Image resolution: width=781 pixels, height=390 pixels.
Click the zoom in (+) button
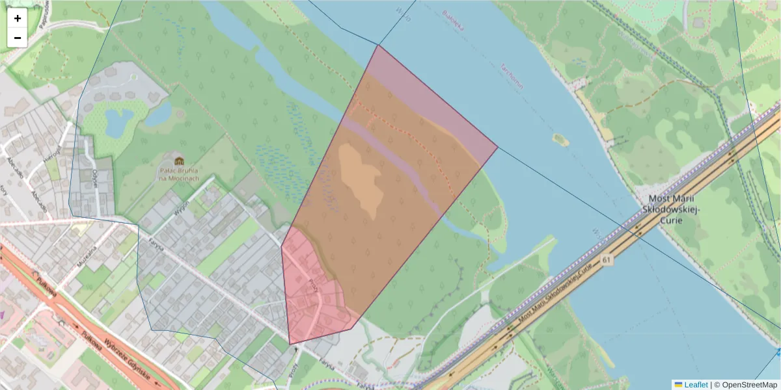[18, 18]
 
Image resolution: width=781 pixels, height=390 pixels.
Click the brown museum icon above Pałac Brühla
[178, 161]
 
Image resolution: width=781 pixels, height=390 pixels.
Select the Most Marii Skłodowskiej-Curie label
[670, 209]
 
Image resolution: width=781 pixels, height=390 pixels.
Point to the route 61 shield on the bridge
[607, 260]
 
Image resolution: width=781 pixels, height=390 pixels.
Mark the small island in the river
[559, 139]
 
